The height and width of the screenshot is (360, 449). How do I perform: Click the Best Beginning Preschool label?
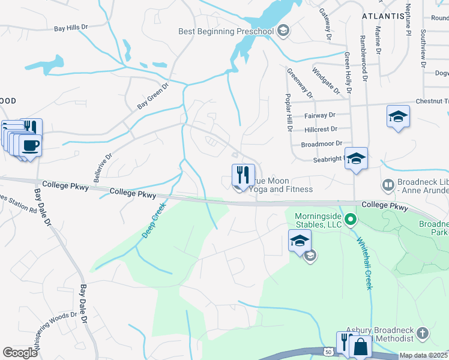pyautogui.click(x=226, y=31)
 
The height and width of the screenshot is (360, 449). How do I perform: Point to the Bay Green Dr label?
pyautogui.click(x=153, y=96)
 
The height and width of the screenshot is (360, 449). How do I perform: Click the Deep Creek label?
pyautogui.click(x=154, y=220)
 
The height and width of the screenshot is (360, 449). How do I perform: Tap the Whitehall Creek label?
pyautogui.click(x=365, y=263)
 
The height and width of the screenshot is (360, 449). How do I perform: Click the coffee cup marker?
pyautogui.click(x=30, y=145)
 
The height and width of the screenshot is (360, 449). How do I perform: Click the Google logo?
pyautogui.click(x=20, y=353)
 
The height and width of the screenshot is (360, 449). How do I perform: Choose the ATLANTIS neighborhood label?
pyautogui.click(x=382, y=16)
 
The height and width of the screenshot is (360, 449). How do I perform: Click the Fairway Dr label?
pyautogui.click(x=319, y=115)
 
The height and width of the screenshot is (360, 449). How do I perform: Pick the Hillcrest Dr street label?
pyautogui.click(x=321, y=129)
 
